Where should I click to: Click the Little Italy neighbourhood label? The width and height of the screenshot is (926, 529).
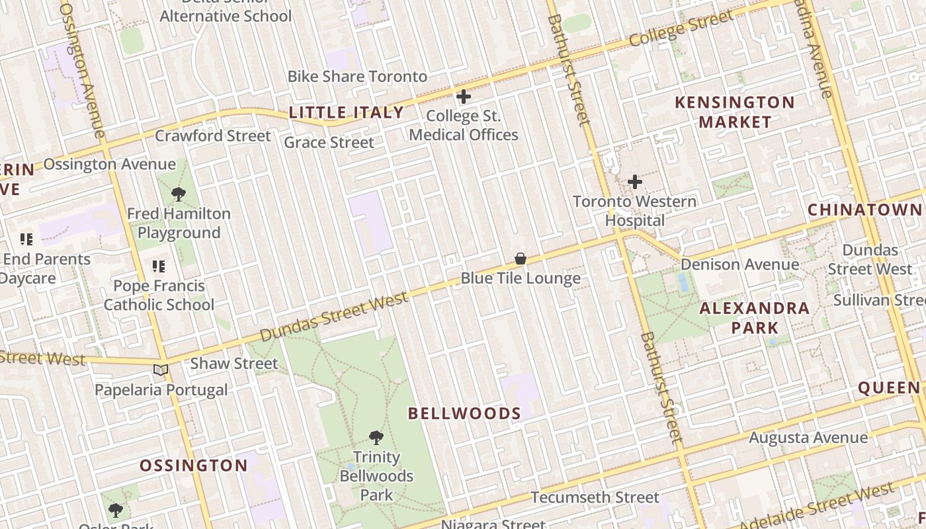pyautogui.click(x=346, y=112)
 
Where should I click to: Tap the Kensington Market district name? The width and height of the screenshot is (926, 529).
pyautogui.click(x=734, y=112)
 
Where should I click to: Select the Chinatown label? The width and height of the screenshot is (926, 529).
pyautogui.click(x=864, y=210)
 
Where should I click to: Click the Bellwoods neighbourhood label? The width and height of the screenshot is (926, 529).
pyautogui.click(x=464, y=414)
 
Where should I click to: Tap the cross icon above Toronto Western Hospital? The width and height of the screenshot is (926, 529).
pyautogui.click(x=635, y=181)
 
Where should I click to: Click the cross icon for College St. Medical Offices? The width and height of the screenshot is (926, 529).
pyautogui.click(x=464, y=97)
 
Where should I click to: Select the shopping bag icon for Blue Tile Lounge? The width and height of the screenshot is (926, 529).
pyautogui.click(x=521, y=259)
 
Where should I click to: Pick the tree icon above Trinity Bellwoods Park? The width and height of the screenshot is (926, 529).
pyautogui.click(x=376, y=437)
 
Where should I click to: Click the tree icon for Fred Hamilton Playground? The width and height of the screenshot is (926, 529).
pyautogui.click(x=178, y=194)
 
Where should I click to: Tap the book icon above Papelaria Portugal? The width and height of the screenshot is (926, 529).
pyautogui.click(x=161, y=370)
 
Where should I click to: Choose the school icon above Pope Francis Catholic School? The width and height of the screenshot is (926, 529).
pyautogui.click(x=159, y=266)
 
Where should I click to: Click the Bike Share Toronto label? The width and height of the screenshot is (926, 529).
pyautogui.click(x=357, y=76)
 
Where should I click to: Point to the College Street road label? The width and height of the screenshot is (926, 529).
pyautogui.click(x=681, y=30)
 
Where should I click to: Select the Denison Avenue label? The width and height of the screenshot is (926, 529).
pyautogui.click(x=739, y=264)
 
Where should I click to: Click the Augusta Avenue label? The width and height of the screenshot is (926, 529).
pyautogui.click(x=808, y=438)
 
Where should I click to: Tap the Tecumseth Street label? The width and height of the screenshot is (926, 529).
pyautogui.click(x=595, y=497)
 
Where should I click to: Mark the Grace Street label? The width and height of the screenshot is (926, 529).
pyautogui.click(x=329, y=142)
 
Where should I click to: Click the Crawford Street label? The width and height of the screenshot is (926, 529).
pyautogui.click(x=212, y=136)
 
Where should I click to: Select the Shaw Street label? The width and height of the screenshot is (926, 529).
pyautogui.click(x=234, y=364)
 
